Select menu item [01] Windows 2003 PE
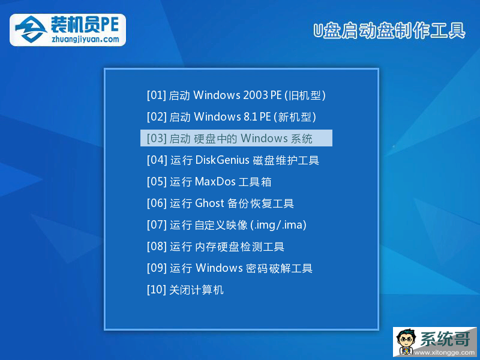[x=236, y=95]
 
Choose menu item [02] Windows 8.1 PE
[x=232, y=116]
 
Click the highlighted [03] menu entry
[x=236, y=138]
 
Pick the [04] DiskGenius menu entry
[x=233, y=160]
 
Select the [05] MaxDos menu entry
[x=209, y=182]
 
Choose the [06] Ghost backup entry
[x=220, y=203]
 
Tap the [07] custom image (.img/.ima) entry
[x=227, y=225]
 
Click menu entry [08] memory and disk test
[x=215, y=247]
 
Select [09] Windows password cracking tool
[x=230, y=268]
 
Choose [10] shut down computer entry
[x=185, y=290]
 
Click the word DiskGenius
[x=223, y=160]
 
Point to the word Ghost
[x=209, y=203]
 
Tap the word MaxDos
[x=215, y=182]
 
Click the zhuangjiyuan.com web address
[x=85, y=39]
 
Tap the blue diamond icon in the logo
[x=31, y=29]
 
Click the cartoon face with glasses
[x=406, y=341]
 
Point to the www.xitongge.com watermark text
[x=445, y=353]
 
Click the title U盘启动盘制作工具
[x=389, y=31]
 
